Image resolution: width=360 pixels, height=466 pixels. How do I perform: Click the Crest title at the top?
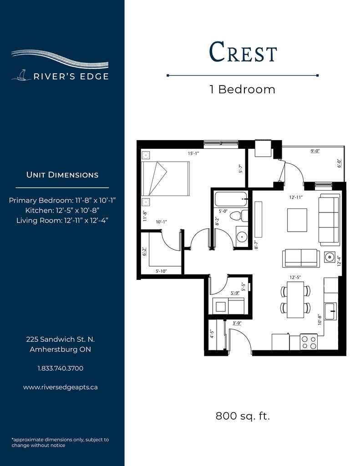pos(243,52)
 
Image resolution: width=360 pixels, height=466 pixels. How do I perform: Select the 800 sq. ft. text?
pos(243,415)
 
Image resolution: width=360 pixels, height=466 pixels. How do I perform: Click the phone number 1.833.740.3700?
pos(61,368)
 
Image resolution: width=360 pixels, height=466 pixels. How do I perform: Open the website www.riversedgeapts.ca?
pos(61,387)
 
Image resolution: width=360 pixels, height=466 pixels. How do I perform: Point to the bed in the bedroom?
pos(165,178)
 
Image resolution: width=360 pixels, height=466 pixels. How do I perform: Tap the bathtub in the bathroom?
pos(231,199)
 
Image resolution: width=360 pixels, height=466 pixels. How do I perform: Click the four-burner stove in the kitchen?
pos(309,342)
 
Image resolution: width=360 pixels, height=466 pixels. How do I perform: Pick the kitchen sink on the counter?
pos(330,311)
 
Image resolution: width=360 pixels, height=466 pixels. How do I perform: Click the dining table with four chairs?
pos(295,299)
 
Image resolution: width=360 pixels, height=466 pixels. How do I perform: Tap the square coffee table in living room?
pos(297,220)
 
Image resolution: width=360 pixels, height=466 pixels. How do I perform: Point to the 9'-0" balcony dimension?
pos(315,151)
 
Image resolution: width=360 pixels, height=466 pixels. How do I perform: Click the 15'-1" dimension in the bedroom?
pos(193,153)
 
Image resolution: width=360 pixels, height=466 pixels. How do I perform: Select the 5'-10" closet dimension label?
pos(161,271)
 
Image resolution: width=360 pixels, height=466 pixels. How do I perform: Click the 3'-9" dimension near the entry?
pos(237,323)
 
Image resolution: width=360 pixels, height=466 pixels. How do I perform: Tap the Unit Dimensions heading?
pos(62,175)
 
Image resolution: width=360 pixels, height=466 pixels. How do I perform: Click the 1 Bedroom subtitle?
pos(243,90)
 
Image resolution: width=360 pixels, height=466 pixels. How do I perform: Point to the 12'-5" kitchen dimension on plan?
pos(295,277)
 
